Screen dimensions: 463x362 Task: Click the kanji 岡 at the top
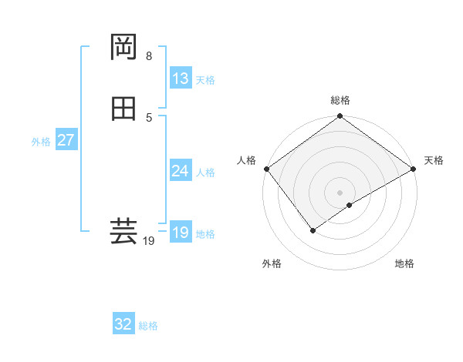coord(123,47)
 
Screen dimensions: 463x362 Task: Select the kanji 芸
coord(123,230)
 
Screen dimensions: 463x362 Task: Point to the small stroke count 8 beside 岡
coord(149,56)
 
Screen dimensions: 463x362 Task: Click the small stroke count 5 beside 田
coord(149,118)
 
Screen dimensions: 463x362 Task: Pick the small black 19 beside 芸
coord(149,241)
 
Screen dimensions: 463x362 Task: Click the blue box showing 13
coord(181,79)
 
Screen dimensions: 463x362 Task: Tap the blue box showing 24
coord(181,171)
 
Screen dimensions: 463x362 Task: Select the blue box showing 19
coord(181,233)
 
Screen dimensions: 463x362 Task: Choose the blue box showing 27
coord(66,141)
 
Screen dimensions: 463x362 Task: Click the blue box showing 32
coord(123,324)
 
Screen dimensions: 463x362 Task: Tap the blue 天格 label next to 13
coord(205,80)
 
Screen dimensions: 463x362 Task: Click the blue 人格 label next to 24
coord(205,173)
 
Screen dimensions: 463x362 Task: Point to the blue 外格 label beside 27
coord(41,142)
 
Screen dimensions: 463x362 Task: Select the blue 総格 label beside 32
coord(148,326)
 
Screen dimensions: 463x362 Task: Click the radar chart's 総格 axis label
coord(340,100)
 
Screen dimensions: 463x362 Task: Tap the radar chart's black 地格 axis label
coord(404,263)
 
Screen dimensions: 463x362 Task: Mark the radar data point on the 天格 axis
coord(414,169)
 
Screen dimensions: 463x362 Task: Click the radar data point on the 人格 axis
coord(265,169)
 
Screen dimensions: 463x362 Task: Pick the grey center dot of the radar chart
coord(340,193)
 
